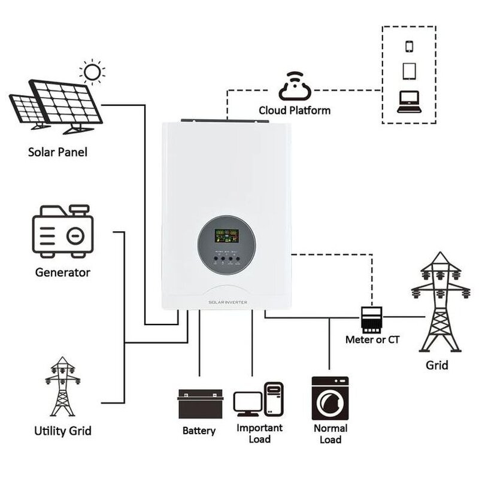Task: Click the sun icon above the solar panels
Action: (93, 72)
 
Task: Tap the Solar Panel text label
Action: (57, 152)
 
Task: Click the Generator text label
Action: (62, 272)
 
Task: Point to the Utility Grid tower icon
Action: (62, 387)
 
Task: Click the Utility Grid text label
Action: (63, 431)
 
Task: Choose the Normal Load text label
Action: (330, 434)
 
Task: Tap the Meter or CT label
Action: (372, 339)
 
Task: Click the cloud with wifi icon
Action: (294, 87)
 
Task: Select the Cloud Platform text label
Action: (294, 111)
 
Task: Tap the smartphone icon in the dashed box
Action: (410, 47)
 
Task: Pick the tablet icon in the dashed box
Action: (410, 71)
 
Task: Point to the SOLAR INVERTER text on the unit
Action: (228, 304)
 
